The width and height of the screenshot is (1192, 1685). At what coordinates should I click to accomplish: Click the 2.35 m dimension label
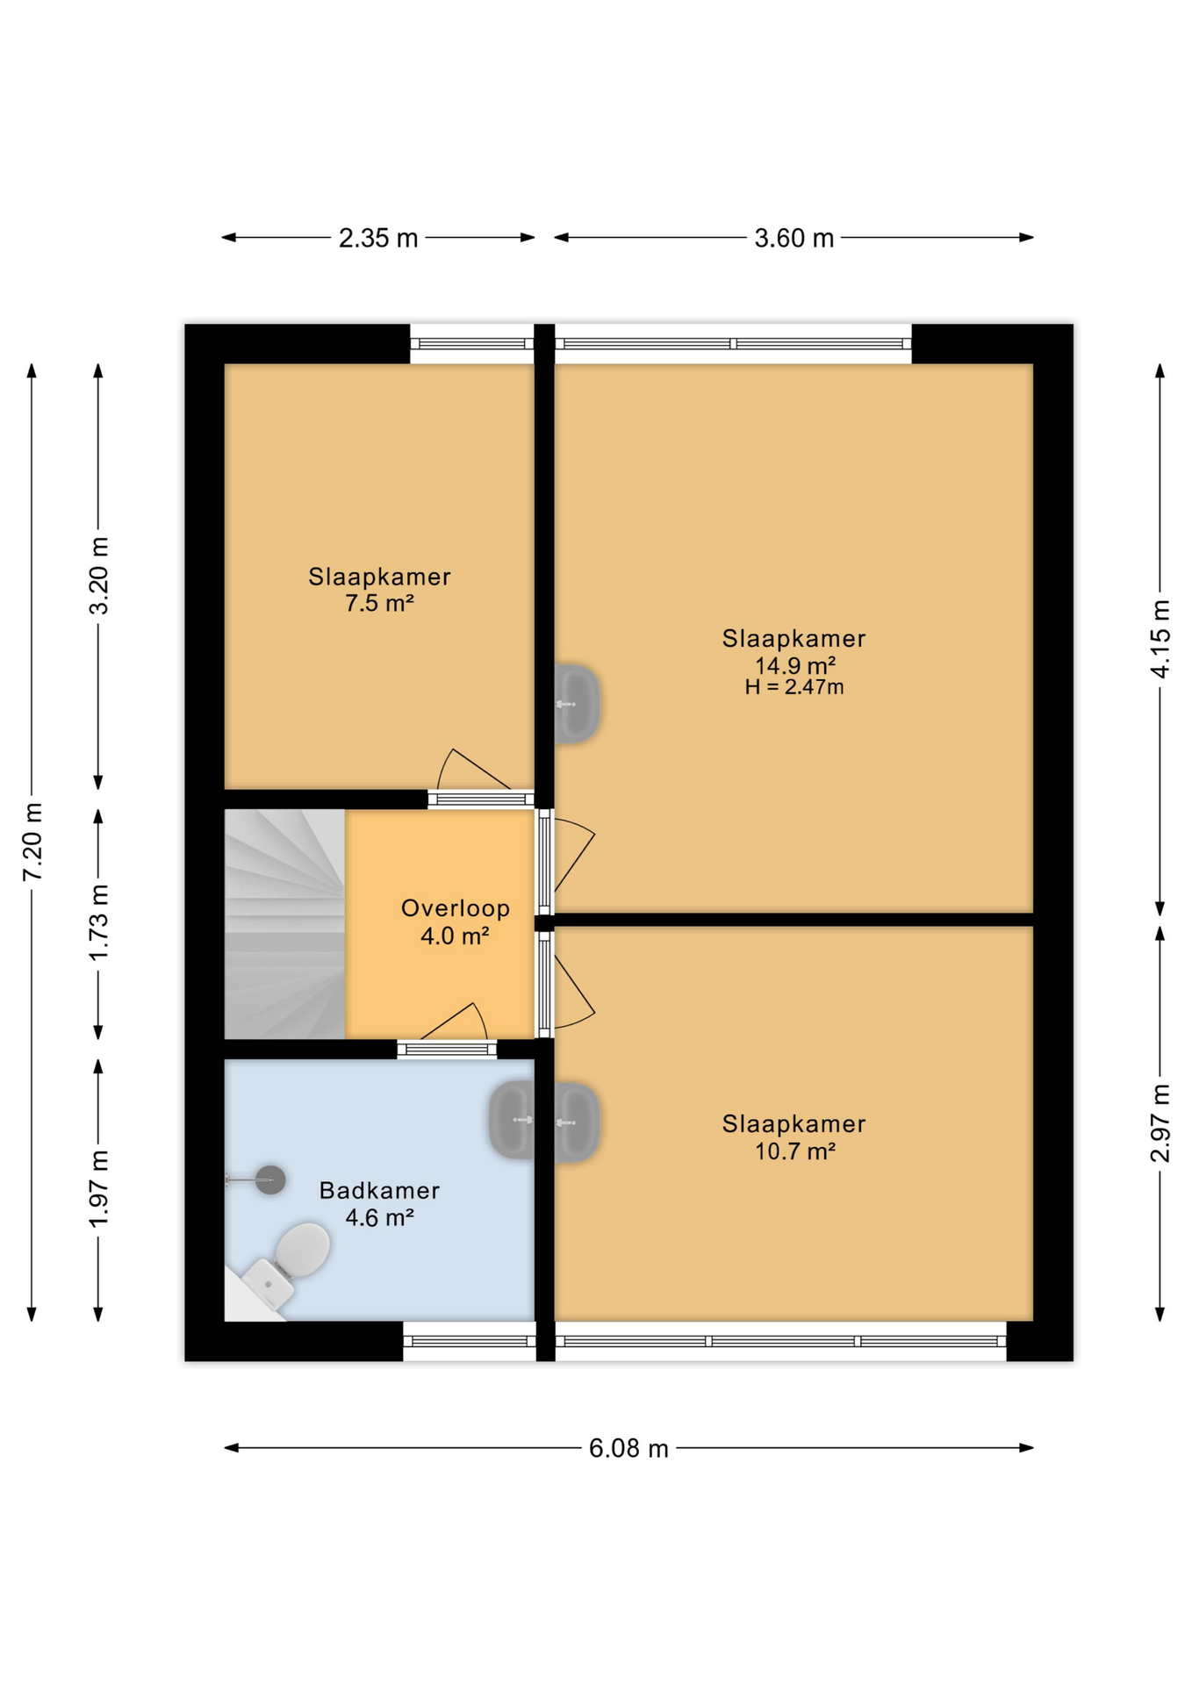pos(377,238)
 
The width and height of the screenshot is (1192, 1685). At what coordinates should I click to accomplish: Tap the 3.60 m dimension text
pos(793,238)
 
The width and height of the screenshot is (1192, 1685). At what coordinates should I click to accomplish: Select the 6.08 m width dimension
pos(628,1447)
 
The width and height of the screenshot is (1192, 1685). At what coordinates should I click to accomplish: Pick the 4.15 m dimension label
pos(1160,639)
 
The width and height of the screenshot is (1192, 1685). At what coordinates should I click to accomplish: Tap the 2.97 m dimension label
pos(1160,1123)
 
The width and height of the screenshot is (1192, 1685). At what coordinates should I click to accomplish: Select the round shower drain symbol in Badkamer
pos(270,1179)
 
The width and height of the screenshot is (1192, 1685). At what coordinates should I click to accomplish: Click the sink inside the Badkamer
pos(513,1120)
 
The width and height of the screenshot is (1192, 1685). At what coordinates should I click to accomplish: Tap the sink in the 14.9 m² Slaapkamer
pos(577,704)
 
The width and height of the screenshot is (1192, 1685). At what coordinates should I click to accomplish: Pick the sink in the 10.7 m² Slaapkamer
pos(577,1122)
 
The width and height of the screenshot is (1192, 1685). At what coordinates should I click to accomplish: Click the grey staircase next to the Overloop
pos(284,923)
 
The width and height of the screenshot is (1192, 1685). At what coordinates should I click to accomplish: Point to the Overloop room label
pos(455,908)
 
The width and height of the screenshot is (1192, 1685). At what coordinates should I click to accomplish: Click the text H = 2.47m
pos(793,687)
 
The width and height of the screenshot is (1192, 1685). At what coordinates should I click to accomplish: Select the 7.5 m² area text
pos(378,603)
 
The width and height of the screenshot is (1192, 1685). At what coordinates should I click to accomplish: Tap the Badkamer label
pos(378,1190)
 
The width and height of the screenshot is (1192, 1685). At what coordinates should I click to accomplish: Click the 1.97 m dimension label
pos(99,1188)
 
